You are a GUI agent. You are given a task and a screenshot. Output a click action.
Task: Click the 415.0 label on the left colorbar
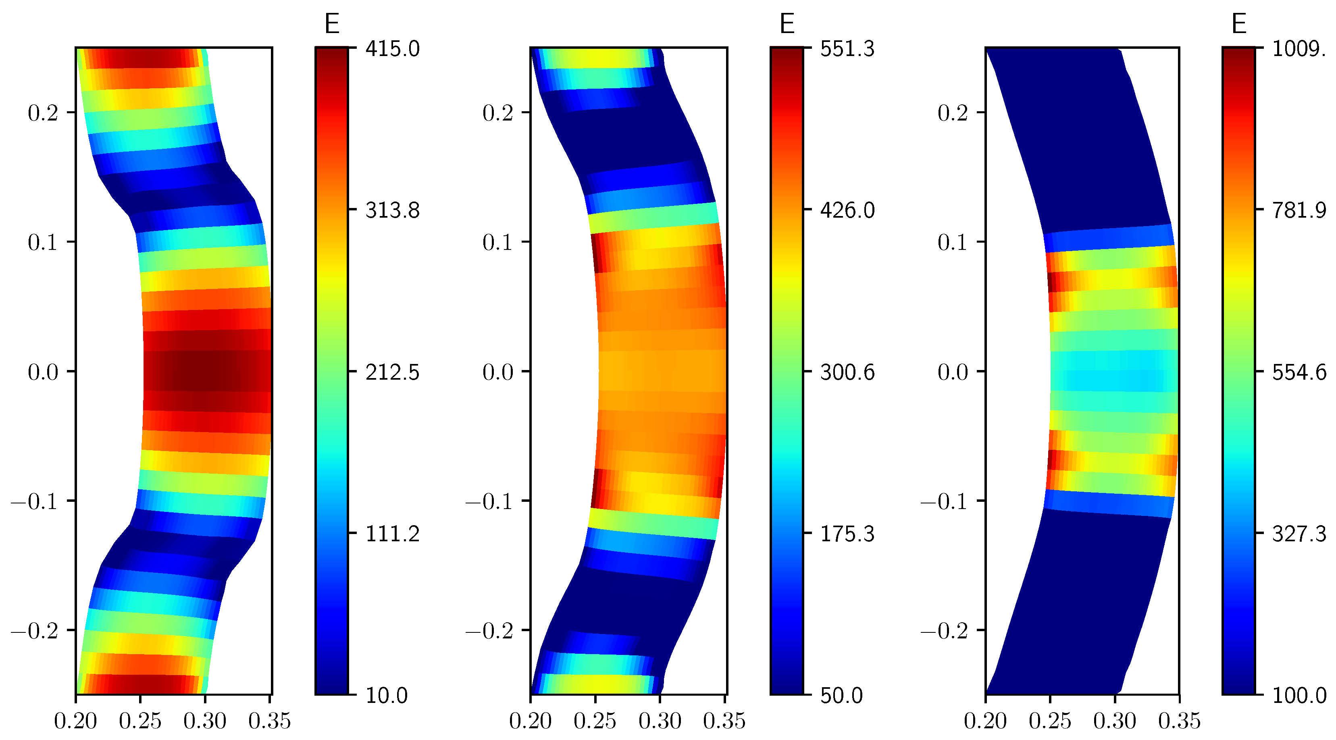(x=392, y=49)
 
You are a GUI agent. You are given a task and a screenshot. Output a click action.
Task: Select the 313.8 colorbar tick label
(x=392, y=210)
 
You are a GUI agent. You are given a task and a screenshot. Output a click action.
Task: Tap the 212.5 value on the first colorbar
(x=392, y=372)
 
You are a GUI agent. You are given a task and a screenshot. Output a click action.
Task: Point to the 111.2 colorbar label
(x=392, y=534)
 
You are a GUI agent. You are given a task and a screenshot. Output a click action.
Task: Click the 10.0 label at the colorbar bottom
(x=386, y=695)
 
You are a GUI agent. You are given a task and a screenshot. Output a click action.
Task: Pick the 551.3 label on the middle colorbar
(x=847, y=49)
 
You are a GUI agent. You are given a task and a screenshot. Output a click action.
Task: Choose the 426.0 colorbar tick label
(x=847, y=210)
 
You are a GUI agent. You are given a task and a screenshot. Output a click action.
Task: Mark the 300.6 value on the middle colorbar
(x=847, y=372)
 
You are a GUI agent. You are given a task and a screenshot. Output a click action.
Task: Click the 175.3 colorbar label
(x=847, y=534)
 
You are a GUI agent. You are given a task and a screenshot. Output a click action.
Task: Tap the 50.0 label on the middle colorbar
(x=841, y=695)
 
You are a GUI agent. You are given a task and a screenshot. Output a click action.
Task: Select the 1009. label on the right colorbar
(x=1299, y=49)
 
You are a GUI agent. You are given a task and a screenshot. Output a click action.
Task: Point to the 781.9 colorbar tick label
(x=1299, y=210)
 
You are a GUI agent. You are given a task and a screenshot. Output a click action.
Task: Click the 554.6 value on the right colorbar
(x=1299, y=372)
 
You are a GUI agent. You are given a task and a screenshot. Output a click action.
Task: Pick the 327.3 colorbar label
(x=1299, y=534)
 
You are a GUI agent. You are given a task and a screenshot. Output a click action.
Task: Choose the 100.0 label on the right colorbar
(x=1299, y=695)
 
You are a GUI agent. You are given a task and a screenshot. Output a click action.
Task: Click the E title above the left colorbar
(x=332, y=24)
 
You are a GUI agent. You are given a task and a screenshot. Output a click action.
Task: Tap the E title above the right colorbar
(x=1239, y=24)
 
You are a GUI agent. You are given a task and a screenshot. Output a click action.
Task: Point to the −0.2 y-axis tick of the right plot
(x=944, y=631)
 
